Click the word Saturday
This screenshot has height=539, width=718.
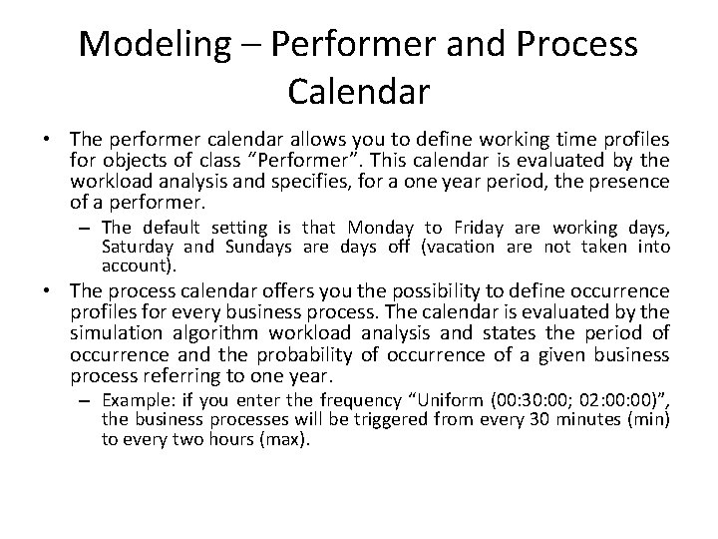[x=138, y=248]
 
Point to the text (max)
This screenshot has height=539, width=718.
[x=285, y=439]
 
